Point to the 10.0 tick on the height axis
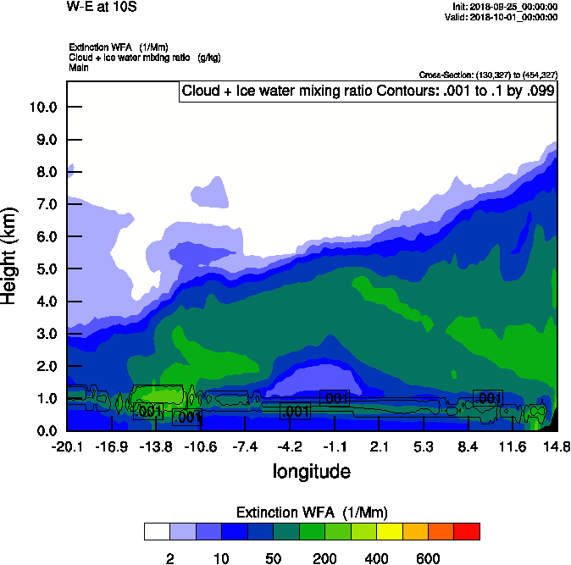(43, 108)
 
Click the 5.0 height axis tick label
(43, 269)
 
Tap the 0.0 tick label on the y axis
(43, 431)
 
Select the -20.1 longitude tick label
(66, 447)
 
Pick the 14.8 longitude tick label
(556, 447)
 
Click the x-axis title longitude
(311, 470)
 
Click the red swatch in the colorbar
(467, 531)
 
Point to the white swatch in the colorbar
(157, 531)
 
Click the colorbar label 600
(428, 558)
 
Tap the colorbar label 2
(169, 558)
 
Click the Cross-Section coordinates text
(488, 75)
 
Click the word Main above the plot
(79, 66)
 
